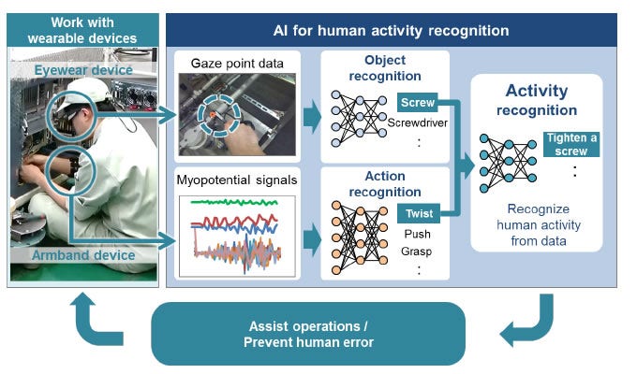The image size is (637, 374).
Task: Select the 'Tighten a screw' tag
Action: click(570, 145)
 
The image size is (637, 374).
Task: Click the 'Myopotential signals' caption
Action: click(239, 179)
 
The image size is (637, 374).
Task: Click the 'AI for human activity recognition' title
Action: click(391, 30)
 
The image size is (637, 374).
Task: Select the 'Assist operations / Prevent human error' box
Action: click(308, 333)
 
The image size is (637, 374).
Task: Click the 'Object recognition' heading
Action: click(385, 68)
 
